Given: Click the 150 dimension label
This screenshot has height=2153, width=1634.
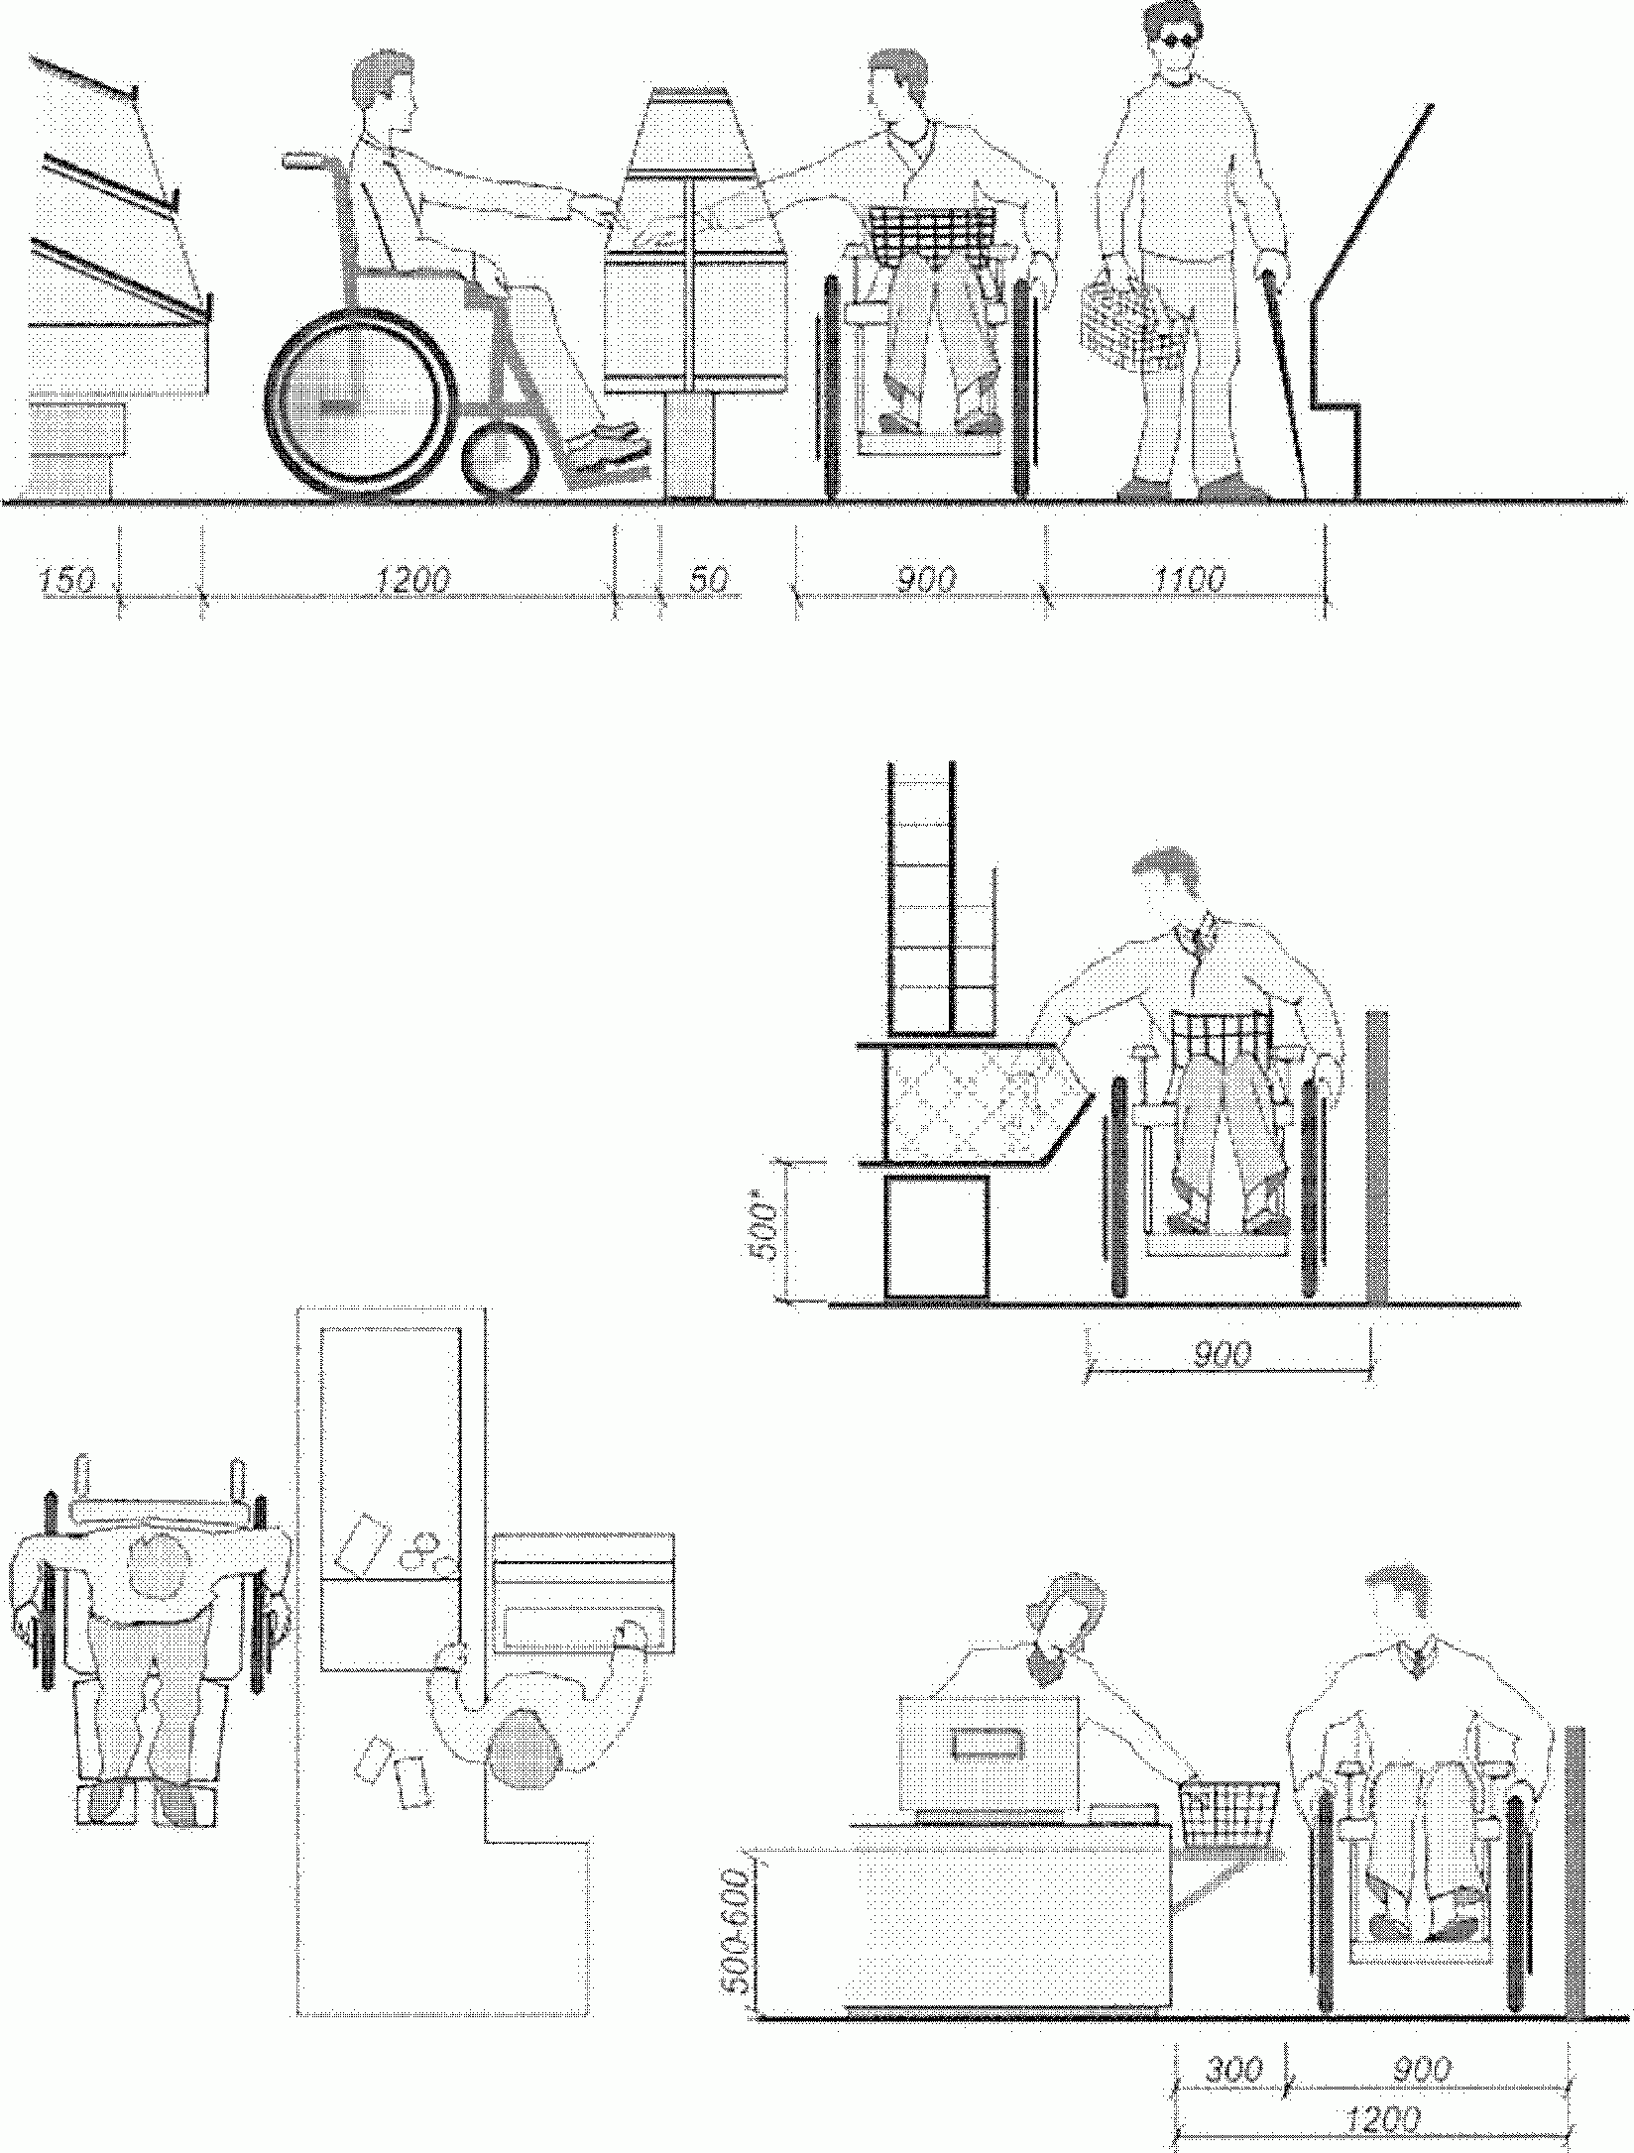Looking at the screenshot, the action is click(x=66, y=580).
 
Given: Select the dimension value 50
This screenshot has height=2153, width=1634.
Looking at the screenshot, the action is click(x=708, y=580).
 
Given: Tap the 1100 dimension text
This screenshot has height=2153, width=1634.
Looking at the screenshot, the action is click(x=1190, y=580).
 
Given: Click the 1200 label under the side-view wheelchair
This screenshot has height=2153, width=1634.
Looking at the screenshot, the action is click(x=412, y=580).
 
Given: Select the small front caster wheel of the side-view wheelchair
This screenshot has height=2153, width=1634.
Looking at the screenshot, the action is click(x=501, y=457).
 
